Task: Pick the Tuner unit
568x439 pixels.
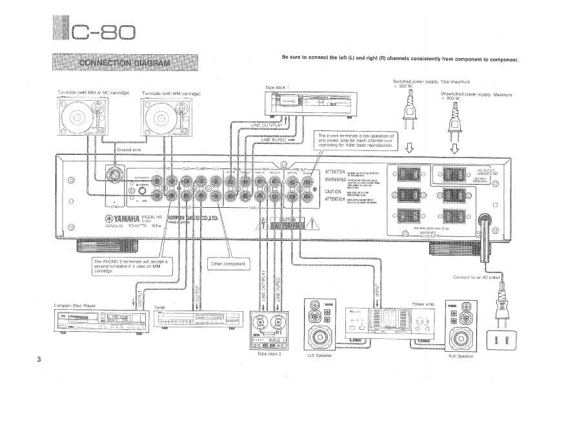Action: tap(188, 320)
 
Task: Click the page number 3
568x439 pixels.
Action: tap(39, 359)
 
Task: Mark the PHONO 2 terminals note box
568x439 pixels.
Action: tap(132, 265)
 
